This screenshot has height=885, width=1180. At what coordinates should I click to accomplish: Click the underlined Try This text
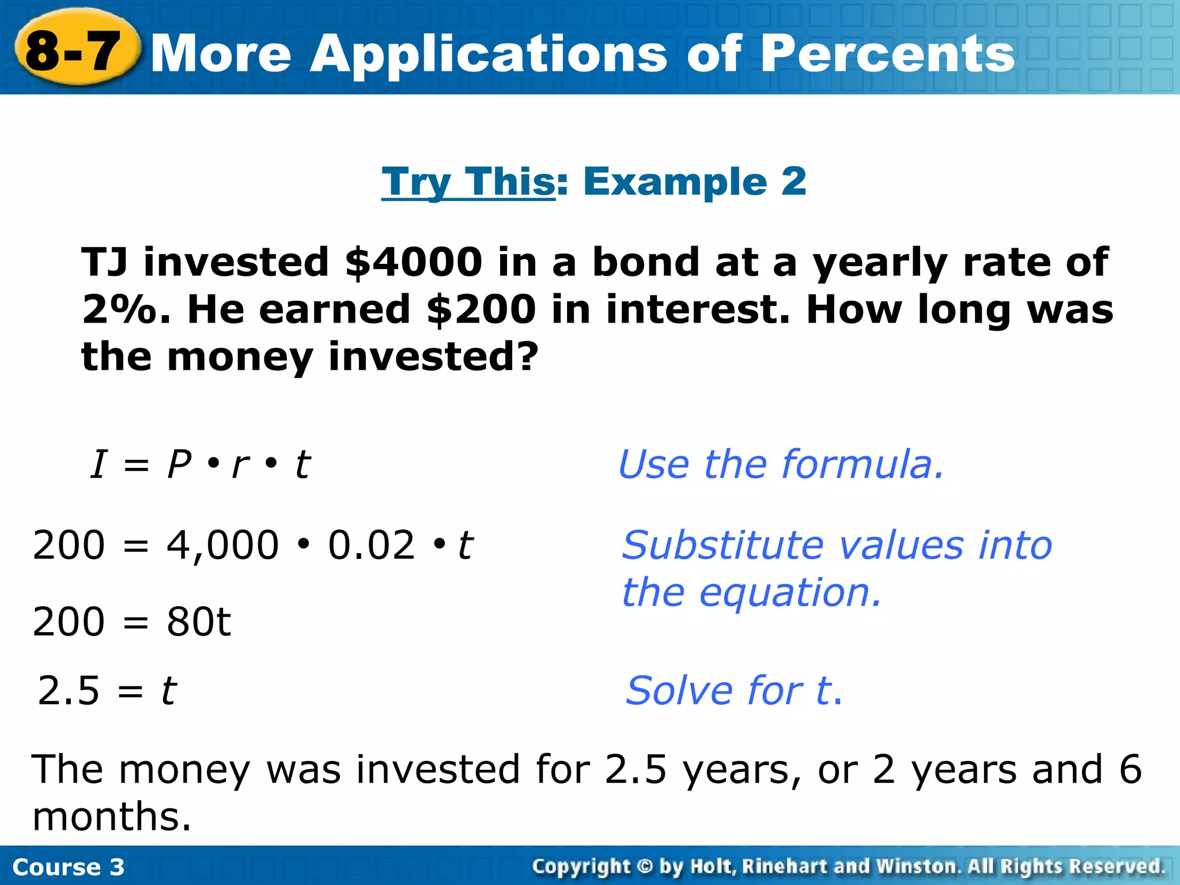[x=468, y=182]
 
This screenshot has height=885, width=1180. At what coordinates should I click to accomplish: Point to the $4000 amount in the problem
[x=413, y=262]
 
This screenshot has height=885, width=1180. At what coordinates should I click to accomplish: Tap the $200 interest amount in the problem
[x=482, y=309]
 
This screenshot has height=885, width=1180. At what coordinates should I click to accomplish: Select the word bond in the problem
[x=645, y=262]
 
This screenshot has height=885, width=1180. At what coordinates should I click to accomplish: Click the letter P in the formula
[x=179, y=464]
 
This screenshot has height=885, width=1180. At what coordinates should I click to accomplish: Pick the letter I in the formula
[x=99, y=464]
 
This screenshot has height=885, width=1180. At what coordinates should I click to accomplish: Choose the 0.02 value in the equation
[x=371, y=545]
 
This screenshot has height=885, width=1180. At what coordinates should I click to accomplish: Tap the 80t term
[x=199, y=622]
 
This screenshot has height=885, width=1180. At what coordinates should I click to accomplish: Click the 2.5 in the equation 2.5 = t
[x=69, y=691]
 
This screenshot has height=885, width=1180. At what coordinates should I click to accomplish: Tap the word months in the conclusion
[x=111, y=817]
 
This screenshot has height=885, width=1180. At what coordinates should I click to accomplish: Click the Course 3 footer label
[x=68, y=867]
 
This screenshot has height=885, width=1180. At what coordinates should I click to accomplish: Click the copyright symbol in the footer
[x=645, y=867]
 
